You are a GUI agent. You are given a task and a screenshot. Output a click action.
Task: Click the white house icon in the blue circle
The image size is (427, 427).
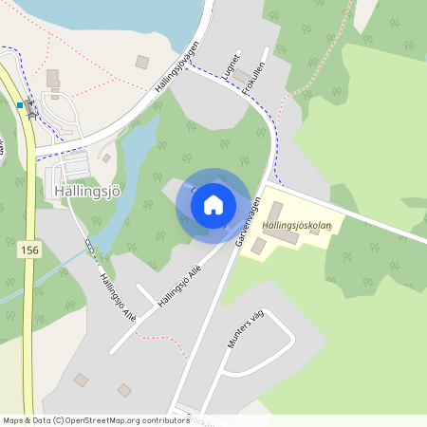tap(213, 204)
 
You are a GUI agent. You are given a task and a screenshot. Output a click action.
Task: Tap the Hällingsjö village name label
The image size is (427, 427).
tap(89, 191)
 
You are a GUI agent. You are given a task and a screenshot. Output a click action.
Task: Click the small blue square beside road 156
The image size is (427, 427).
tap(20, 105)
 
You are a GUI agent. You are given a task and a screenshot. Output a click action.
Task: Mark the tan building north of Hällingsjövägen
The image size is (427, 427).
tap(142, 62)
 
